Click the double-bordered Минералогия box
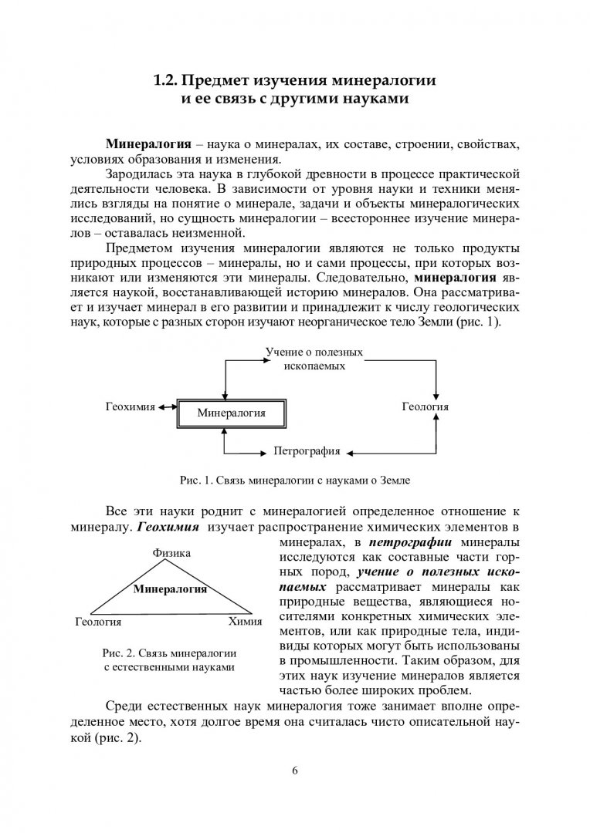coord(231,413)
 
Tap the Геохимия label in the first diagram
coord(131,406)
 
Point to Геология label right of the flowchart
coord(426,406)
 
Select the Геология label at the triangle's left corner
coord(99,620)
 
